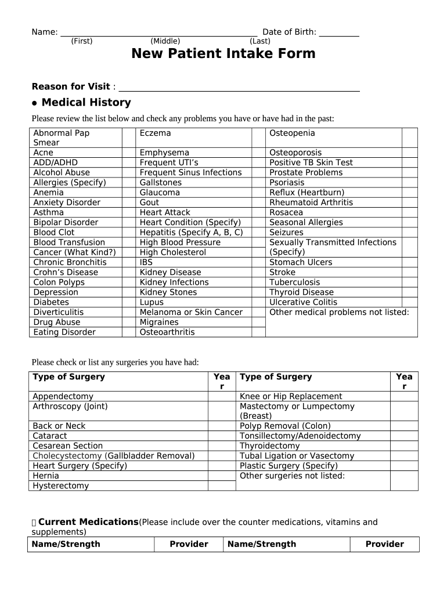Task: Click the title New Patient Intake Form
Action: click(x=223, y=54)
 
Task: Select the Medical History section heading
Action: click(x=86, y=103)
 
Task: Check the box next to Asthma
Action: click(x=128, y=212)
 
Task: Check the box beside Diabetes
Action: click(x=128, y=302)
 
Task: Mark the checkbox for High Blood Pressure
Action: click(x=258, y=242)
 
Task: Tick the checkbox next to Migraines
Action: click(x=258, y=322)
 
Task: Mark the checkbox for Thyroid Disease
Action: click(x=409, y=292)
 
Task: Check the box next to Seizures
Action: click(x=409, y=232)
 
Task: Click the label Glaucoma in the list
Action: click(x=160, y=193)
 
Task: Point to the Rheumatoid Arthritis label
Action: click(x=311, y=202)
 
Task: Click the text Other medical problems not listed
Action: click(x=339, y=312)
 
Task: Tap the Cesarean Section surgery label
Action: click(x=67, y=445)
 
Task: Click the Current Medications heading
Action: click(x=88, y=522)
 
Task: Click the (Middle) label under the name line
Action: click(x=165, y=41)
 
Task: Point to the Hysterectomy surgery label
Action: click(x=60, y=486)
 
